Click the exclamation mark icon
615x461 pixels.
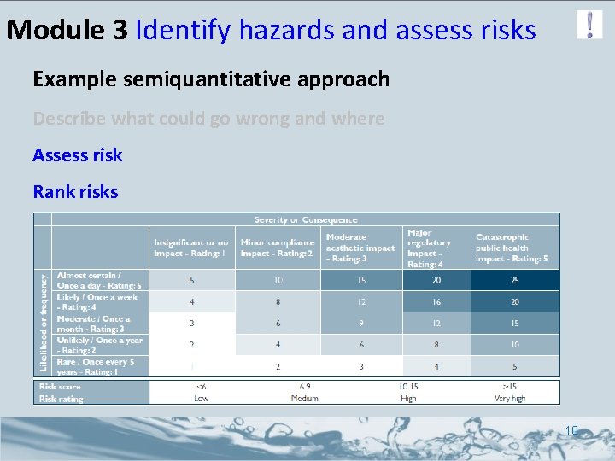tap(589, 24)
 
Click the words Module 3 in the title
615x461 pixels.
tap(67, 31)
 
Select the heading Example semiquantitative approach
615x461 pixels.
tap(211, 79)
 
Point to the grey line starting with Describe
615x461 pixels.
tap(208, 119)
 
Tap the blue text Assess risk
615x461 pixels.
tap(78, 155)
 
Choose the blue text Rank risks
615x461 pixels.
tap(75, 192)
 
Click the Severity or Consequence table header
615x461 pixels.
tap(305, 219)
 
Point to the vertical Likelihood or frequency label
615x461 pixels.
tap(44, 323)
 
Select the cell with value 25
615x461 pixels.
tap(514, 281)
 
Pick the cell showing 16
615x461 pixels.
tap(436, 302)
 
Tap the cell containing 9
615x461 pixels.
tap(361, 324)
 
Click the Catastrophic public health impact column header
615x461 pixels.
tap(512, 248)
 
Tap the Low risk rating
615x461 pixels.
tap(202, 398)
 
